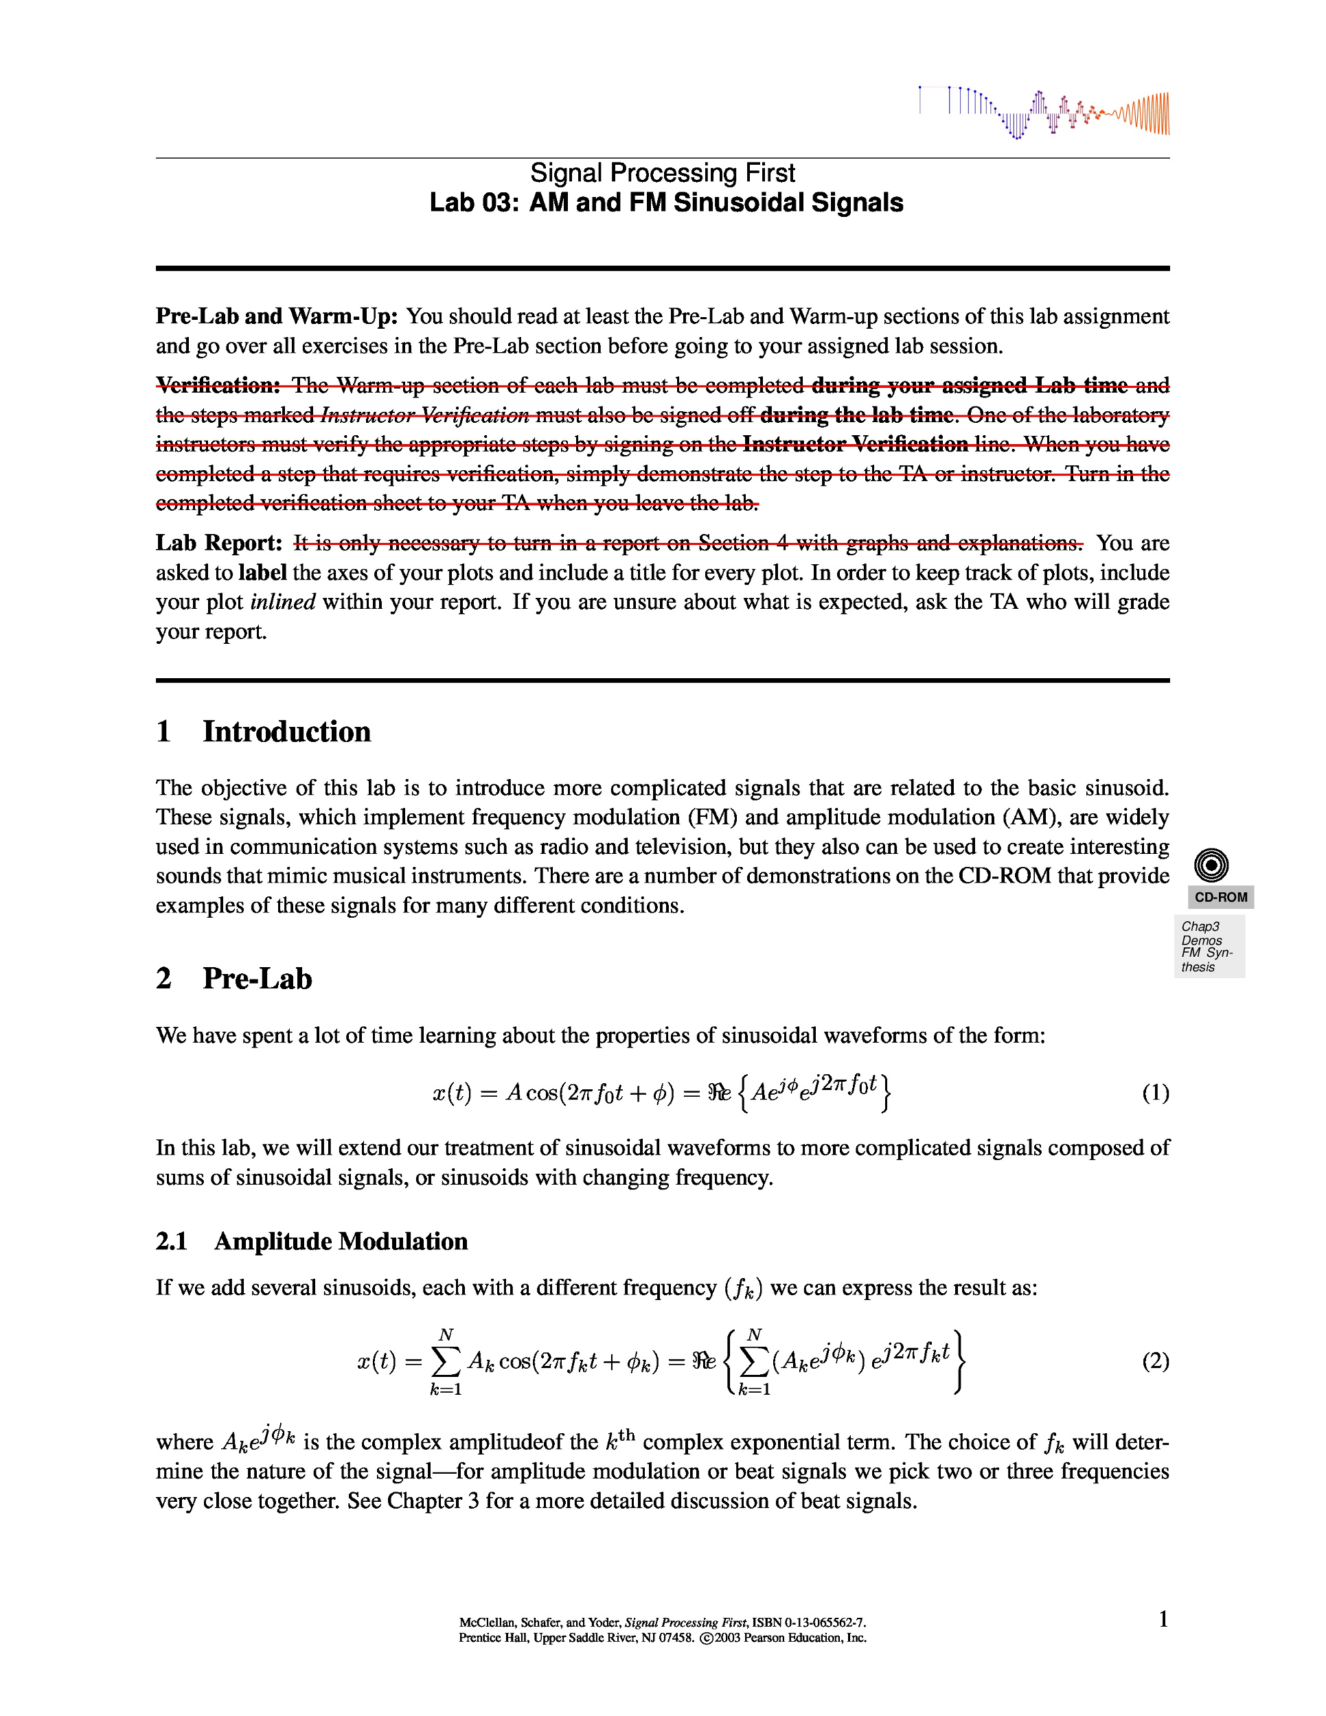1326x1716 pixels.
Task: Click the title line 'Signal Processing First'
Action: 662,173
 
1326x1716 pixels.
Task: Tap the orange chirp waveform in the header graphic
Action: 1147,114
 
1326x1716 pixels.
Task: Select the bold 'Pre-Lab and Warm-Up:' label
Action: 276,316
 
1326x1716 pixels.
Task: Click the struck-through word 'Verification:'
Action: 218,385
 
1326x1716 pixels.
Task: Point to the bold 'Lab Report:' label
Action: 218,543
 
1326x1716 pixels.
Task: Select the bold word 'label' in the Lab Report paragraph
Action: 262,572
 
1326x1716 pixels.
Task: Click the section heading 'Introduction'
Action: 286,732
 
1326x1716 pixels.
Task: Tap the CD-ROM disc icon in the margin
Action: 1211,865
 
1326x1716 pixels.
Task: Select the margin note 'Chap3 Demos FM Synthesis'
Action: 1208,947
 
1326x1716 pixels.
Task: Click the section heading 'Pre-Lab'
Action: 257,979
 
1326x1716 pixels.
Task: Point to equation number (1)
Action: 1154,1093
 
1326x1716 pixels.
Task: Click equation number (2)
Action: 1154,1361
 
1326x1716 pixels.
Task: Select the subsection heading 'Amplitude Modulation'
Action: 341,1242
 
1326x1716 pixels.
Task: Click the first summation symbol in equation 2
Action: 446,1362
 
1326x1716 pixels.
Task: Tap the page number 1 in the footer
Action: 1163,1619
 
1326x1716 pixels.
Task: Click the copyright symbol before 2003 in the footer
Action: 706,1638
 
